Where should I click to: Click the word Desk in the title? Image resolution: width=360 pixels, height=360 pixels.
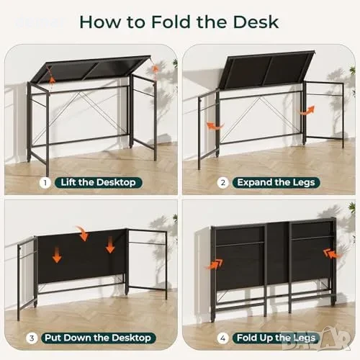tap(256, 22)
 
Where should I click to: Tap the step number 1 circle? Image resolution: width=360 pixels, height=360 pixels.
tap(45, 183)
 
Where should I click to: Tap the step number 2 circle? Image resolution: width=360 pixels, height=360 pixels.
tap(222, 183)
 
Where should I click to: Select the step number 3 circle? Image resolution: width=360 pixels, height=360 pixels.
tap(32, 338)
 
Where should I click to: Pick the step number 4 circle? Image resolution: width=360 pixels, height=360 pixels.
tap(222, 338)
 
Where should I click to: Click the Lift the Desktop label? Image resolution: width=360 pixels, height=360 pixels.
tap(99, 183)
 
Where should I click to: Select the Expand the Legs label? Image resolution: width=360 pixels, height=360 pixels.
tap(276, 183)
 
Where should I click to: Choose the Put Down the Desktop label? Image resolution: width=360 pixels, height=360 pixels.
tap(98, 338)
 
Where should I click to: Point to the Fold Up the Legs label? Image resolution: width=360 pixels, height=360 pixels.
tap(276, 338)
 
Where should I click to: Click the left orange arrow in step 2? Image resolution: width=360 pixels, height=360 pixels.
tap(215, 126)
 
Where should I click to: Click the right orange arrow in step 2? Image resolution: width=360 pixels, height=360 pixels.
tap(306, 110)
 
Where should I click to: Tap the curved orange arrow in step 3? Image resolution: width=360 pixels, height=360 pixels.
tap(83, 233)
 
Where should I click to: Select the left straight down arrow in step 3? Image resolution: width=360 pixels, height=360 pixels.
tap(57, 254)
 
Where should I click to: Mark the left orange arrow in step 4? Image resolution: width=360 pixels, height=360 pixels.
tap(215, 264)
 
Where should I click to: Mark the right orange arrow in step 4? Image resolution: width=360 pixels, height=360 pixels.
tap(332, 254)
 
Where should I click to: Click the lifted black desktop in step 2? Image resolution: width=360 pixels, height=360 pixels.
tap(266, 70)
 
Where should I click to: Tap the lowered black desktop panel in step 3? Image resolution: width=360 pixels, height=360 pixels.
tap(81, 256)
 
